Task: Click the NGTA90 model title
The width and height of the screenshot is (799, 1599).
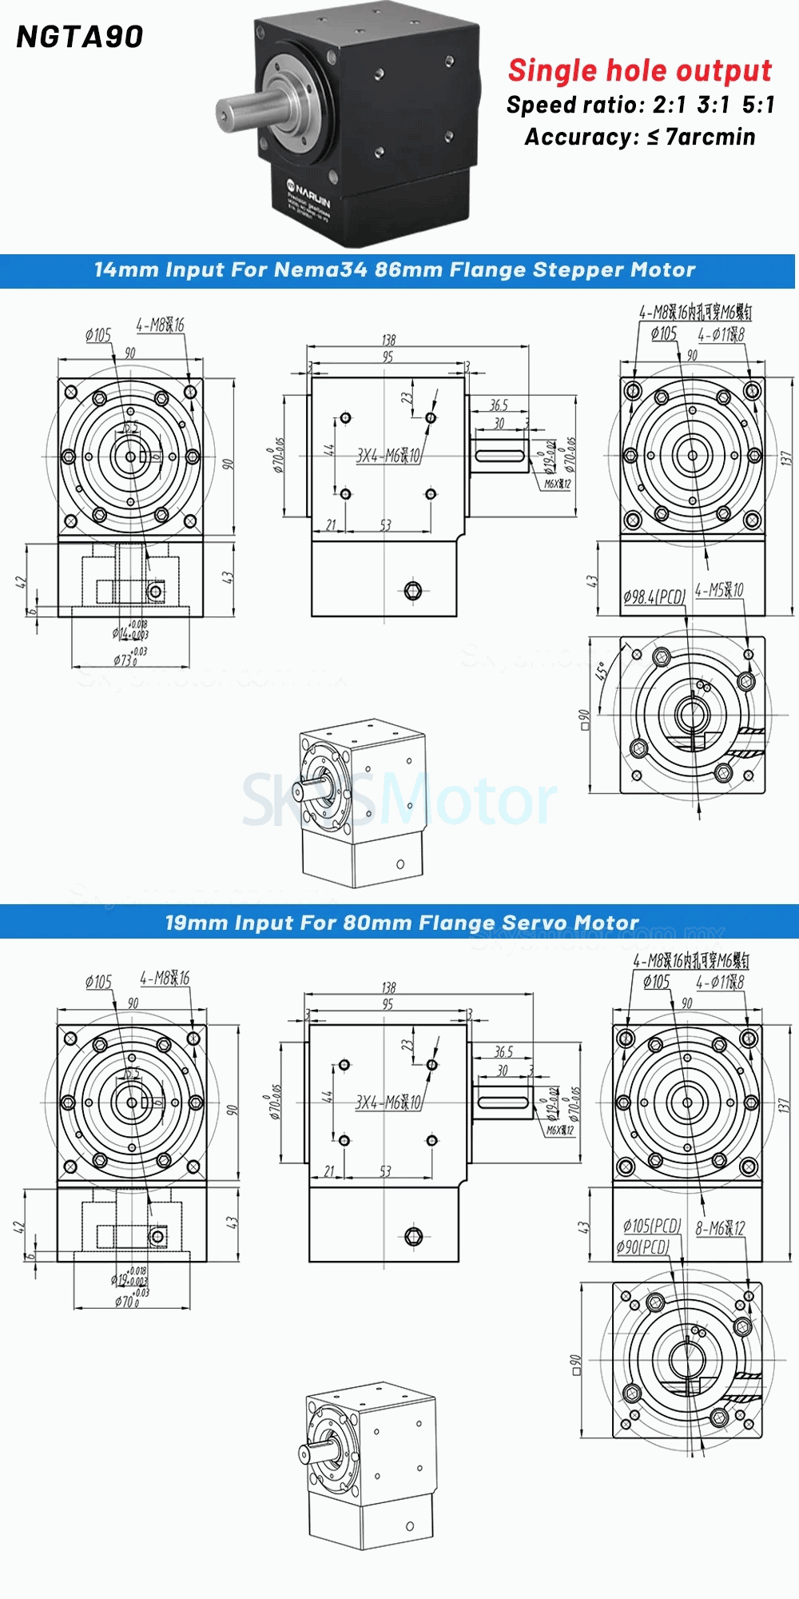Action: (x=80, y=37)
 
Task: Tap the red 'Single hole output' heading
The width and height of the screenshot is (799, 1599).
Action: (x=639, y=70)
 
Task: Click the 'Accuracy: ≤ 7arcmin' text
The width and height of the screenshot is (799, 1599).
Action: (x=639, y=138)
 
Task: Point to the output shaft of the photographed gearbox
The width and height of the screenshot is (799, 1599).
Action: (x=248, y=110)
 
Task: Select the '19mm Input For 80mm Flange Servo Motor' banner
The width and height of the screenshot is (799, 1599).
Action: (x=401, y=923)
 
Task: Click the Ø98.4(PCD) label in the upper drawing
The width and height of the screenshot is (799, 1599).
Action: (x=654, y=596)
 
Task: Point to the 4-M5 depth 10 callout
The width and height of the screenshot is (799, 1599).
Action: (x=718, y=590)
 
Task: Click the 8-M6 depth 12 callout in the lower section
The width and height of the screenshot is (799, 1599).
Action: (x=720, y=1228)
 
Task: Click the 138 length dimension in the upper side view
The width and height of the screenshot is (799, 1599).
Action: (x=388, y=340)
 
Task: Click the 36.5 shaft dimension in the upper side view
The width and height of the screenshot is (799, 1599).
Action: (x=499, y=405)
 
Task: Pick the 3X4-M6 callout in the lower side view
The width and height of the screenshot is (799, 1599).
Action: (x=388, y=1103)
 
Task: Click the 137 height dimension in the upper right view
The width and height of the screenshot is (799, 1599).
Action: (x=785, y=458)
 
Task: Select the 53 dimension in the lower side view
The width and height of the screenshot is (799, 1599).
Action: (x=385, y=1171)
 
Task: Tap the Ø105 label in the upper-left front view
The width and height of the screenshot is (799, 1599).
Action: (x=98, y=335)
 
